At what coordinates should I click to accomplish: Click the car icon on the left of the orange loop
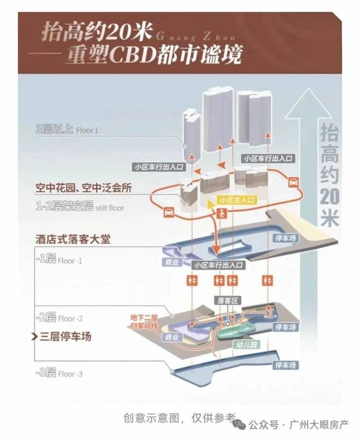[x=168, y=211]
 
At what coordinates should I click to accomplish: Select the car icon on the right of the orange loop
[x=293, y=183]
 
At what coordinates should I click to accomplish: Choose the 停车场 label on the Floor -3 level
[x=286, y=365]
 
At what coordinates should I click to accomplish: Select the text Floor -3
[x=71, y=374]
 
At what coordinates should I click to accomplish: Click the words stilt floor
[x=110, y=208]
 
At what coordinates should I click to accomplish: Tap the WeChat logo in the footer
[x=239, y=424]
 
